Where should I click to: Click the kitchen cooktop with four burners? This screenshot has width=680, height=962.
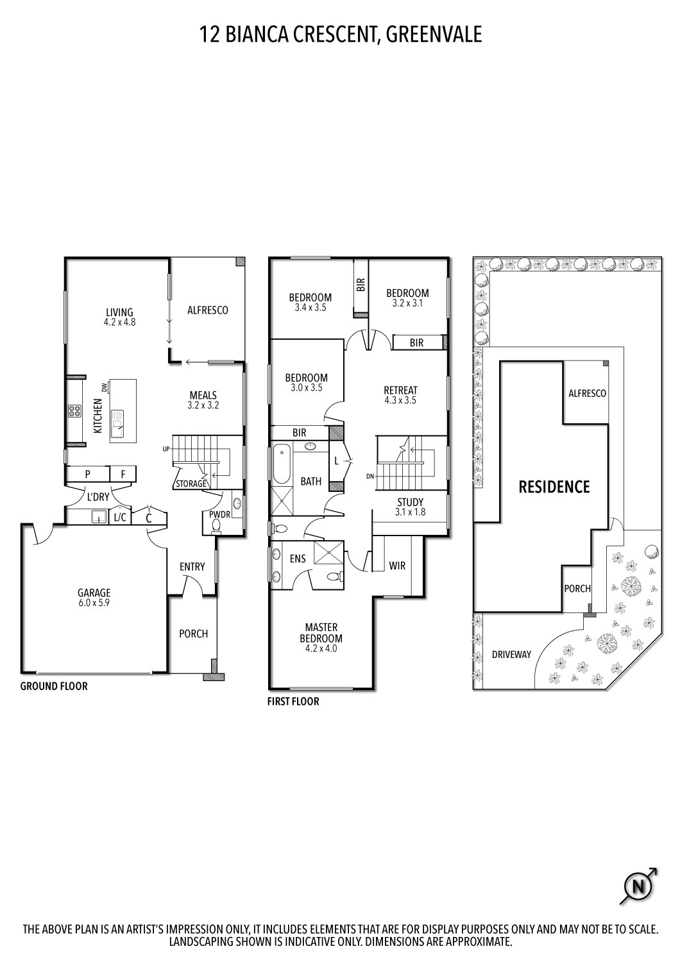74,411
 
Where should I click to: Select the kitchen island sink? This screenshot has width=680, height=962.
118,423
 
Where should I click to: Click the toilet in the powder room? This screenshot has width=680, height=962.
216,527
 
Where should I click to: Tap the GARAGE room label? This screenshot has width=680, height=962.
94,593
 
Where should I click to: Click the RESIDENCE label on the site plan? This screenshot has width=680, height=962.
554,487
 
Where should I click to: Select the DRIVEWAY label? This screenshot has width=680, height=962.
511,654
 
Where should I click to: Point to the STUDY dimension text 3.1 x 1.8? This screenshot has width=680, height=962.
411,512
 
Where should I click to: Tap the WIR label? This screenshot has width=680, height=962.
397,566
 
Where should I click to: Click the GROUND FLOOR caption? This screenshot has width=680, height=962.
54,686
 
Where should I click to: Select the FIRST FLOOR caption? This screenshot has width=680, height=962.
293,701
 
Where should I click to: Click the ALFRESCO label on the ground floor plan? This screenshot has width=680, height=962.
207,310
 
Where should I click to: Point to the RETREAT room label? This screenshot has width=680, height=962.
400,390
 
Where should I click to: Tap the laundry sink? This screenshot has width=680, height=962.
99,516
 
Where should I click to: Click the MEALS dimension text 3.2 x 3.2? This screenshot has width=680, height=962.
203,405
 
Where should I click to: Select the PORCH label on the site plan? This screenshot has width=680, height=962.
577,588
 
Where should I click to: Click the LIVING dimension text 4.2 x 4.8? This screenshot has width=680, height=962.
119,323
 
